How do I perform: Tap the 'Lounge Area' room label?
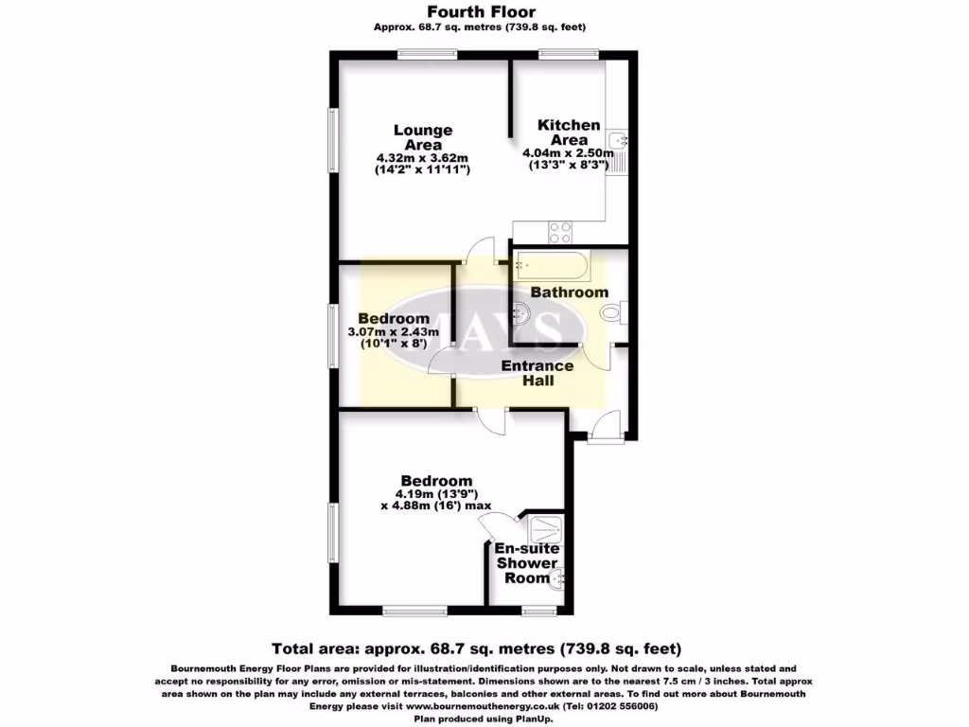click(x=423, y=137)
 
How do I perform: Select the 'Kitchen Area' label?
click(x=569, y=132)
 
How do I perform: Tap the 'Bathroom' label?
click(x=569, y=293)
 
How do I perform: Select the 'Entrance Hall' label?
click(x=537, y=373)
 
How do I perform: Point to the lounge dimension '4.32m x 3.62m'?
click(x=423, y=157)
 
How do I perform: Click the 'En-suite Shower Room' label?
click(x=528, y=563)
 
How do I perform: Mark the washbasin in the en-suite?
click(x=559, y=572)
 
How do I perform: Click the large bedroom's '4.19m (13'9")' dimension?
click(x=436, y=493)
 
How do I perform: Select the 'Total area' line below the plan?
click(x=476, y=648)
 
